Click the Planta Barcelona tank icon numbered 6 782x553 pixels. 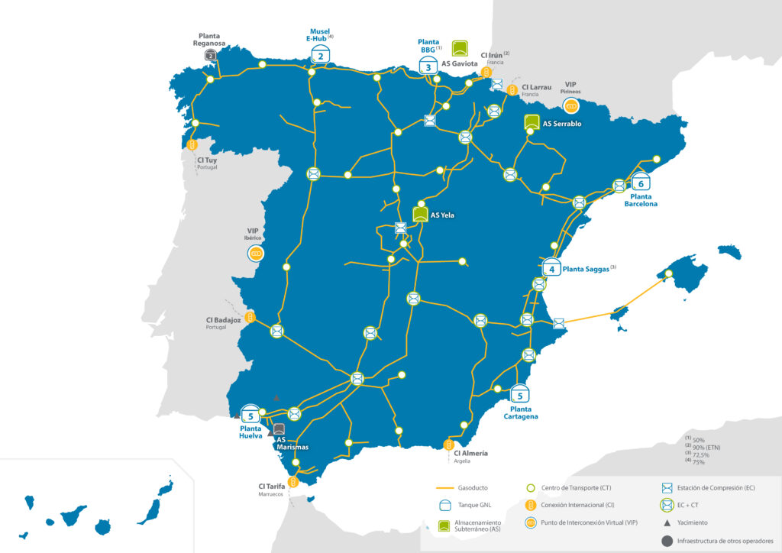pyautogui.click(x=641, y=183)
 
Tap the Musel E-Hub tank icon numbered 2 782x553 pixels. pyautogui.click(x=321, y=55)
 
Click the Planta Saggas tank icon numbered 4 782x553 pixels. pyautogui.click(x=551, y=268)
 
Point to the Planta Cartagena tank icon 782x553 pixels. pyautogui.click(x=520, y=394)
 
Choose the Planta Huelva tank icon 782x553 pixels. pyautogui.click(x=250, y=415)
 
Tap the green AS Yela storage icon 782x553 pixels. pyautogui.click(x=420, y=214)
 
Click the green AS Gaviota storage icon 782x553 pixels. pyautogui.click(x=460, y=48)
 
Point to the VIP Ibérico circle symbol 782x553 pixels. pyautogui.click(x=256, y=254)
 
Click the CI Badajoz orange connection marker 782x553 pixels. pyautogui.click(x=250, y=317)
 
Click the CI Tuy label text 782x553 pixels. pyautogui.click(x=207, y=160)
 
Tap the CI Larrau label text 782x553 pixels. pyautogui.click(x=536, y=87)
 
